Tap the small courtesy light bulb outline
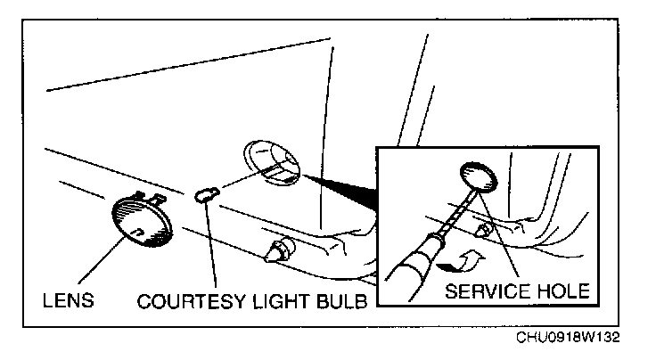pos(208,195)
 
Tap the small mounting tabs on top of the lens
pos(147,194)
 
